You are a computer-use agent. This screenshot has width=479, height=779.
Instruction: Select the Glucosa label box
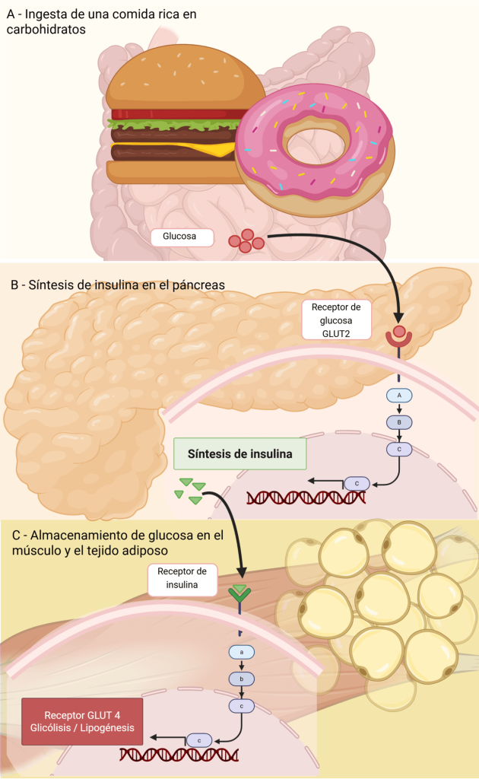(x=179, y=237)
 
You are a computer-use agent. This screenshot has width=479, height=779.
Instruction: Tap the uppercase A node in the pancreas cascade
(x=399, y=396)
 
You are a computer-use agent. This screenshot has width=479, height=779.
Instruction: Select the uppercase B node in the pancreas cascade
(x=399, y=422)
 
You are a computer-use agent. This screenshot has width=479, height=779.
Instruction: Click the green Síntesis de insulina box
(x=239, y=454)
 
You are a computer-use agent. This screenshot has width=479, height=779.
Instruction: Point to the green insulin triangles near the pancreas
(x=190, y=491)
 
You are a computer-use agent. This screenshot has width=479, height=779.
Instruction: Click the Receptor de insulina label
(x=182, y=579)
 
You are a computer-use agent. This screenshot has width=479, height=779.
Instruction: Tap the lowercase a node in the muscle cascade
(x=241, y=652)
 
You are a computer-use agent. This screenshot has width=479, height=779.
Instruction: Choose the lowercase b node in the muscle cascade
(x=241, y=679)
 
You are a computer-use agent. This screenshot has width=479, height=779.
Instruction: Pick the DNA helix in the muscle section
(x=179, y=755)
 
